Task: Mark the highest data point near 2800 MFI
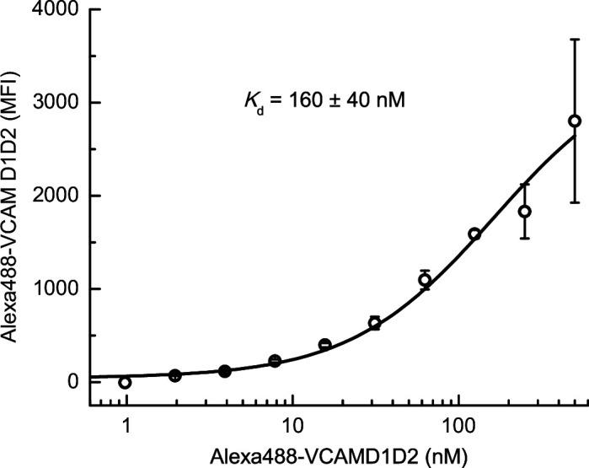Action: [575, 121]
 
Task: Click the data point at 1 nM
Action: [126, 383]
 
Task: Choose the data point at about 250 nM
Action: [524, 212]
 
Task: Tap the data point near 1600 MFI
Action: [474, 234]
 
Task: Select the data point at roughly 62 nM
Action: [425, 280]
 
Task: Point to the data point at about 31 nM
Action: [375, 323]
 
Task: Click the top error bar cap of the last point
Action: [575, 40]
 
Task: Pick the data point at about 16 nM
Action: [325, 345]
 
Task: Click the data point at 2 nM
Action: [175, 375]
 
